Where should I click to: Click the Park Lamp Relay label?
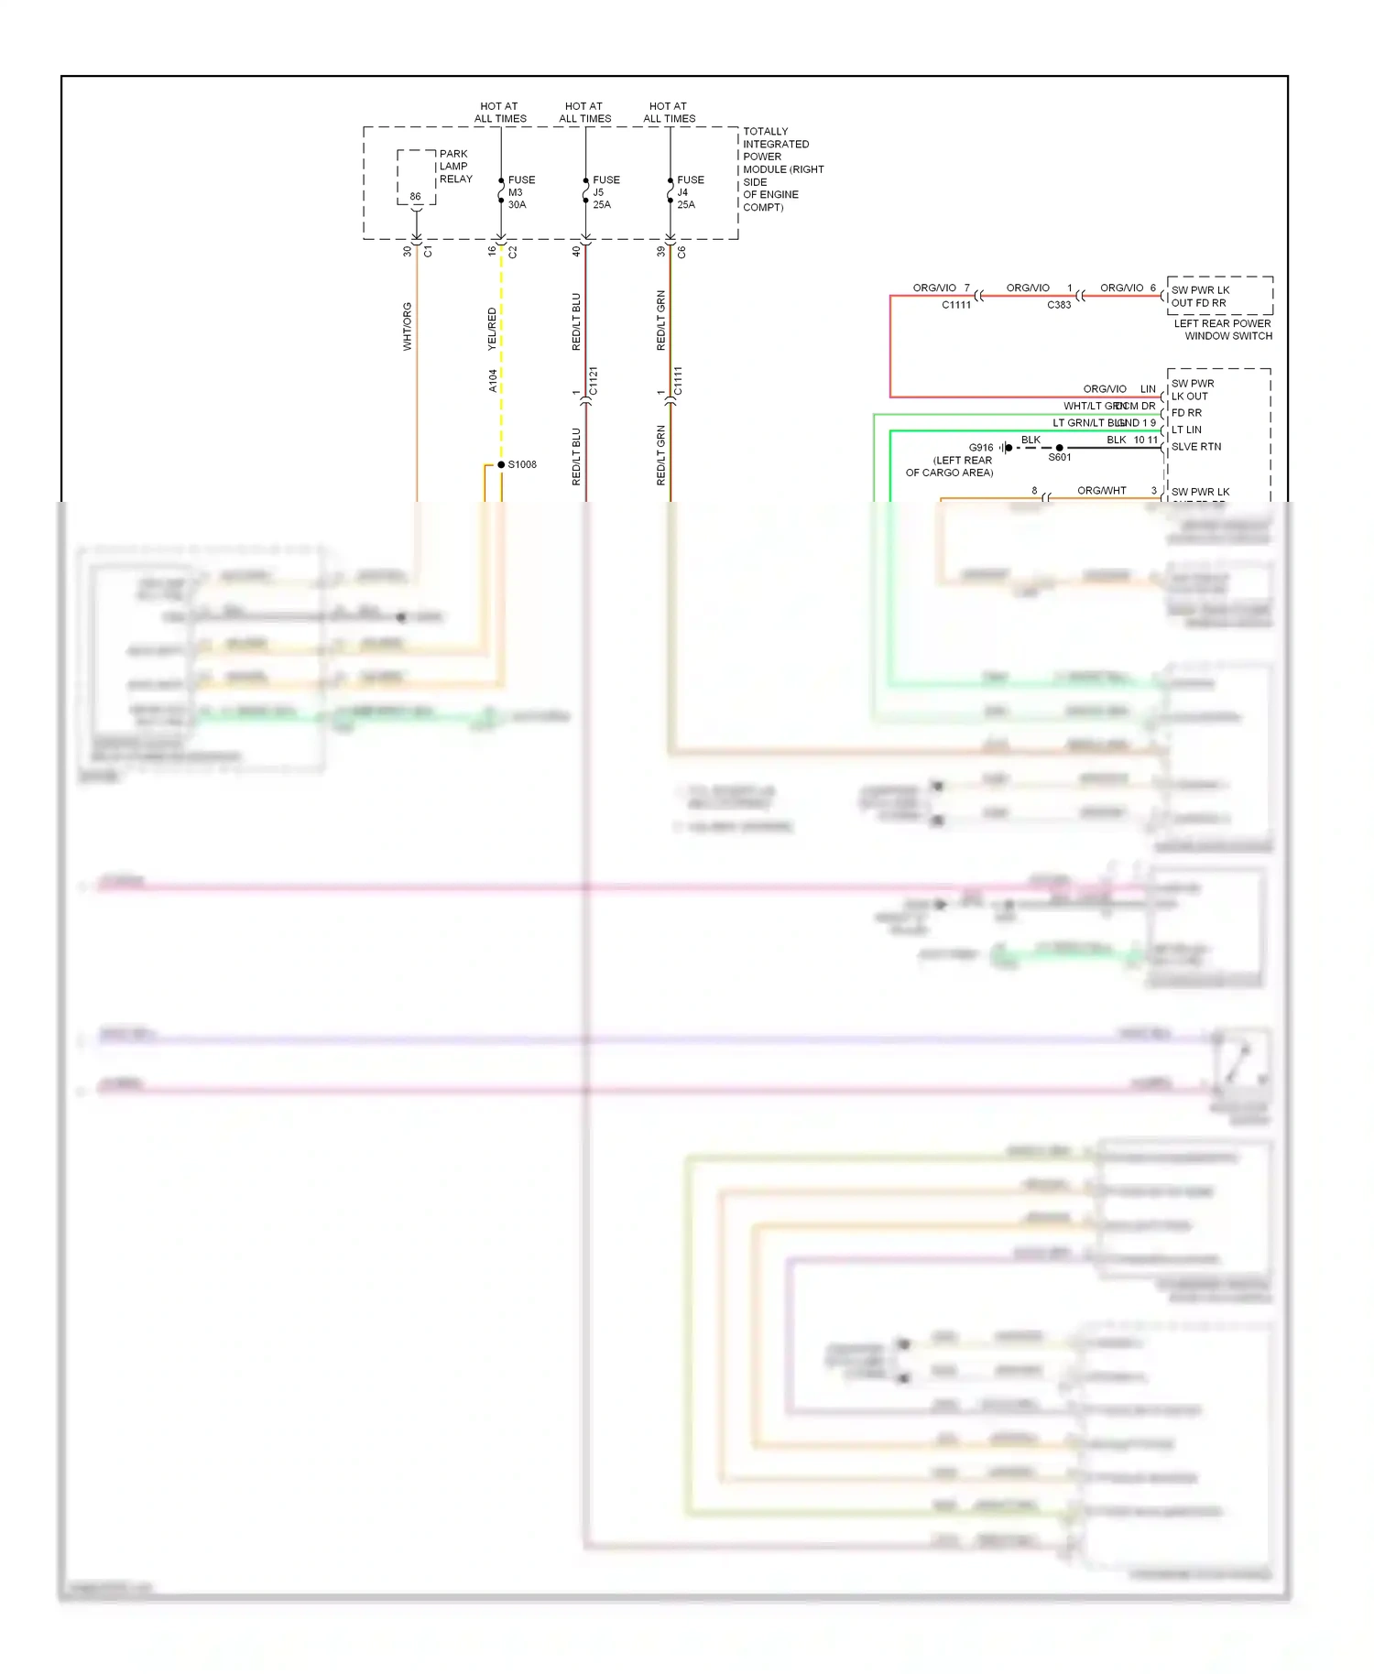[455, 167]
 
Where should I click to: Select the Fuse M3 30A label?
[521, 192]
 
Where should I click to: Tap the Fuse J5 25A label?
[605, 192]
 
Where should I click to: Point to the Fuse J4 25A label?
[690, 192]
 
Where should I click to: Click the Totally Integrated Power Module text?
[782, 169]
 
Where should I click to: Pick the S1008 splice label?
[522, 464]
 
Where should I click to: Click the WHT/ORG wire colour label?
[408, 326]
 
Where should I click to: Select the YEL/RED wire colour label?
[492, 329]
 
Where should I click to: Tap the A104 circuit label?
[493, 381]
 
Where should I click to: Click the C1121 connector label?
[593, 381]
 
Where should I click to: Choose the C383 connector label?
[1059, 305]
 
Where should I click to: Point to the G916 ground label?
[981, 448]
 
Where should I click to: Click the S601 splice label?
[1060, 458]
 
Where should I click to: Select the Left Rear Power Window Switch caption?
[1223, 330]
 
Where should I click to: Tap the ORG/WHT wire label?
[1101, 491]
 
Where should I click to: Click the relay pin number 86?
[415, 197]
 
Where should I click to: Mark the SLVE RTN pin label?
[1195, 447]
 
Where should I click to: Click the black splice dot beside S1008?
[501, 464]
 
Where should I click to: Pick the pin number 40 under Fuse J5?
[576, 251]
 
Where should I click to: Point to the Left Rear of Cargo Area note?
[950, 467]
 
